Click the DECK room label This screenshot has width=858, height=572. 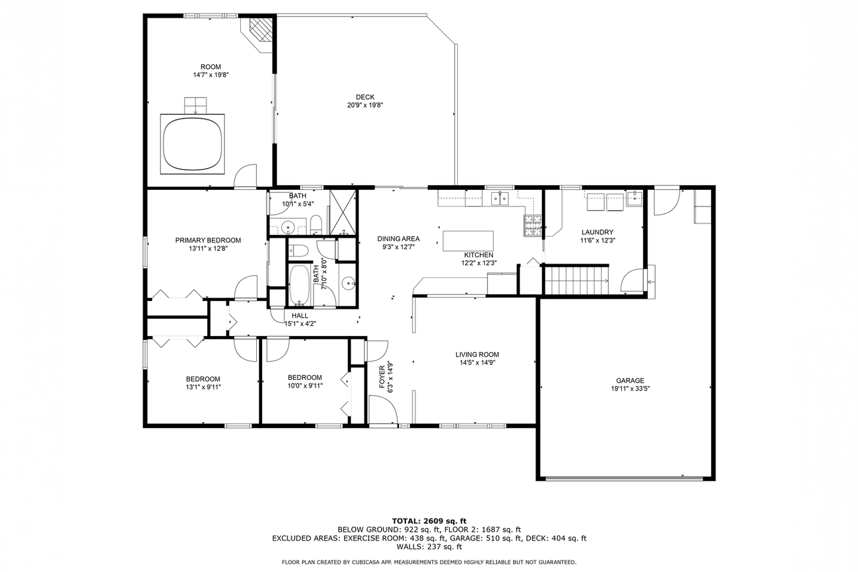point(365,97)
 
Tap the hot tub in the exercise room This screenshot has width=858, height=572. point(192,144)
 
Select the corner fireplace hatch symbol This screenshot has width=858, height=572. point(260,29)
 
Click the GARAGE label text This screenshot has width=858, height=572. point(630,380)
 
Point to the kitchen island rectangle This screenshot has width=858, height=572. point(468,241)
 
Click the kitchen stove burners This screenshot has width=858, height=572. point(533,225)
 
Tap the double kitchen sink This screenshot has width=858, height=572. point(500,198)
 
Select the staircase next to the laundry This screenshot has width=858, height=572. point(576,280)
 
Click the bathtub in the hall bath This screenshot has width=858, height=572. point(299,285)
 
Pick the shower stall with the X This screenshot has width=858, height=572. point(343,212)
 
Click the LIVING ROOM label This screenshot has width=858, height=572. point(478,354)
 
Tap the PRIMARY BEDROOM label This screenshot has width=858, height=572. point(208,240)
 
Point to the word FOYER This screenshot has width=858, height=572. point(382,377)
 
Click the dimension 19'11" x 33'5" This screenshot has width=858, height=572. point(630,389)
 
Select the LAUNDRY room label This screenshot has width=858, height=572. point(598,232)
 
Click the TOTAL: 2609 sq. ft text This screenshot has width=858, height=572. point(429,521)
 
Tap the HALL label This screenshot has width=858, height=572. point(300,316)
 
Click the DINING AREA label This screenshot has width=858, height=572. point(398,239)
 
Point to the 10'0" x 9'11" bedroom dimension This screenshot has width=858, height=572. point(305,386)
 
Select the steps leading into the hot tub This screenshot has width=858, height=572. point(195,106)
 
